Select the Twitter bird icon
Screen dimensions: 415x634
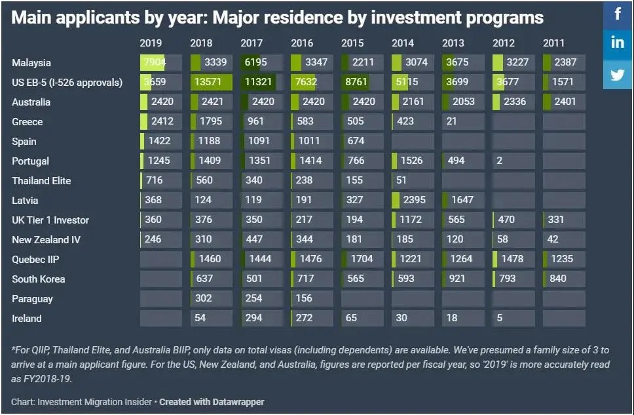tap(618, 73)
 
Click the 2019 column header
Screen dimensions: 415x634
tap(151, 43)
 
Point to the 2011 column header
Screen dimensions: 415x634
tap(553, 43)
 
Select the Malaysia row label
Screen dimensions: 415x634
tap(31, 63)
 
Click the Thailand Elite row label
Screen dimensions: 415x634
tap(41, 181)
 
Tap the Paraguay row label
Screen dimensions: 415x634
tap(32, 299)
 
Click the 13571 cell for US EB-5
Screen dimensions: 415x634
tap(211, 83)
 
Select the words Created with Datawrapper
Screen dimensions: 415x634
tap(212, 401)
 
